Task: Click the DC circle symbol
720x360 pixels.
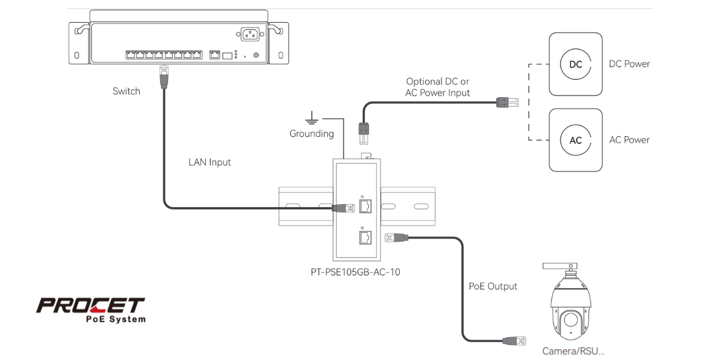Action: [x=575, y=64]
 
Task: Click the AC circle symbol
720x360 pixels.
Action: [x=575, y=140]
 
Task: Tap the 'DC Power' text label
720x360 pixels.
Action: [x=629, y=64]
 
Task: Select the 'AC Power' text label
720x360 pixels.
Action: [x=629, y=140]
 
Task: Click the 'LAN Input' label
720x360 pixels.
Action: [x=209, y=162]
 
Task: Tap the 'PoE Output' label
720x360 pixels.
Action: [x=493, y=286]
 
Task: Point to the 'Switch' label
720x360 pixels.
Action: [x=126, y=91]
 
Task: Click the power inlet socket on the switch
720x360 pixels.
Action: [x=251, y=34]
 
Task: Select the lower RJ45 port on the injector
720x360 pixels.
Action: [x=365, y=238]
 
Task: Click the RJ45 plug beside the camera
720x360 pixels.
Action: [x=515, y=341]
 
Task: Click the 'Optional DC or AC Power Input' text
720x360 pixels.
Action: [x=437, y=87]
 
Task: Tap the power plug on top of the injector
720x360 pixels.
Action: [x=364, y=131]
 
